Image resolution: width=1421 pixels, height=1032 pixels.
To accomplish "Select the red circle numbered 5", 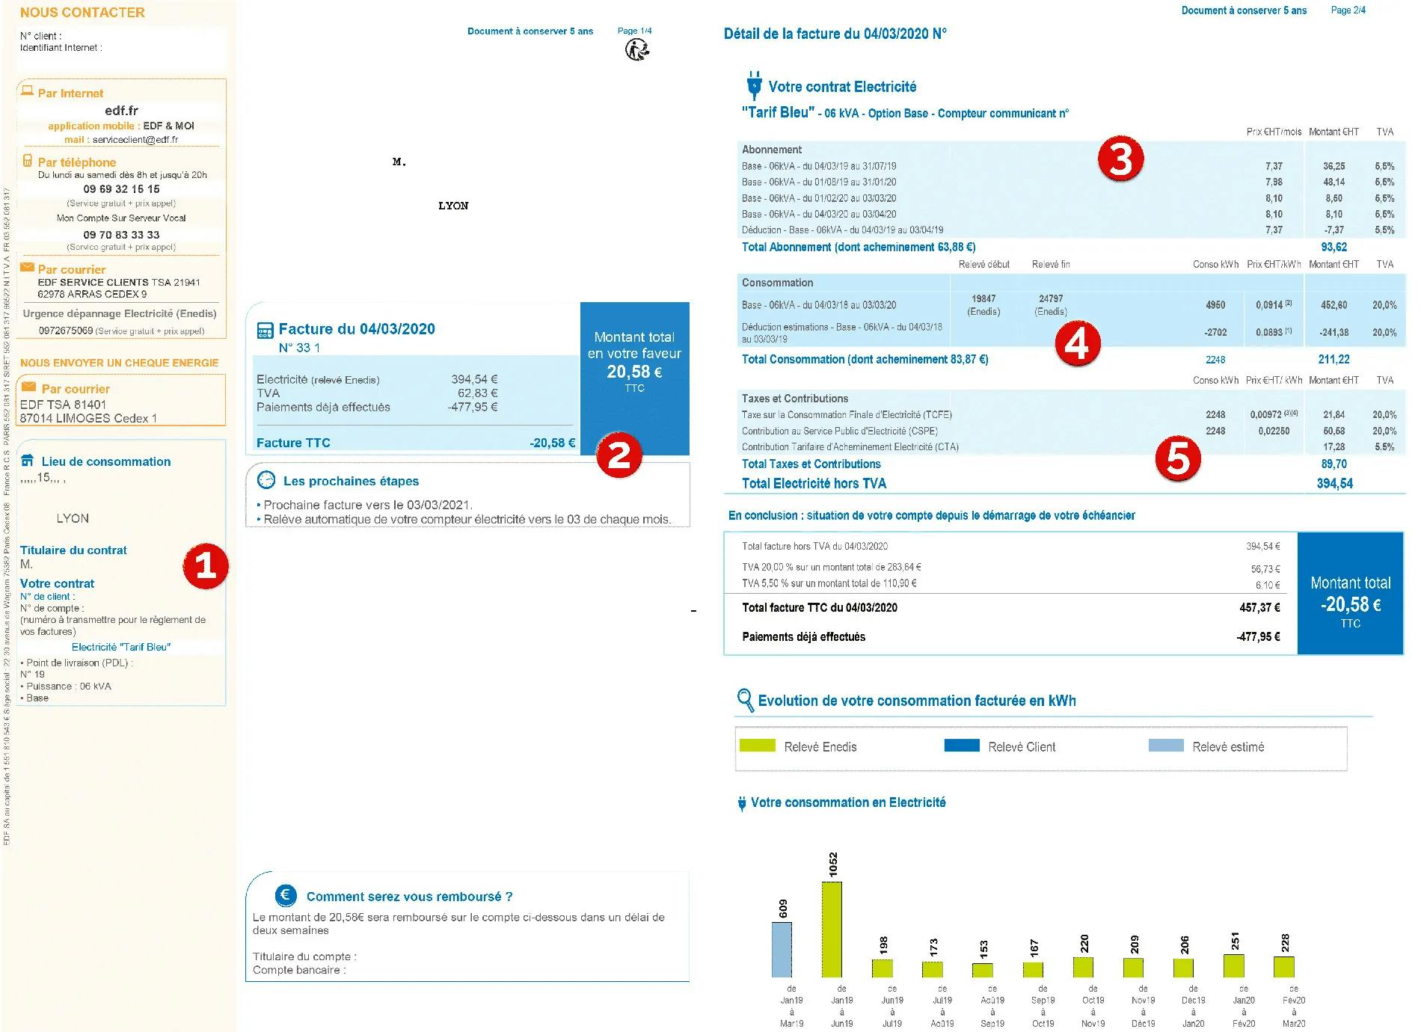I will coord(1178,458).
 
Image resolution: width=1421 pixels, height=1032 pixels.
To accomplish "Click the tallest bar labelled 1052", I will coord(832,929).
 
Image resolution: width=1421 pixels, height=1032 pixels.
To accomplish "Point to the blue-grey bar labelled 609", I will coord(782,949).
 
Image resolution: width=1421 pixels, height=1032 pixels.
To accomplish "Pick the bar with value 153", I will coord(983,969).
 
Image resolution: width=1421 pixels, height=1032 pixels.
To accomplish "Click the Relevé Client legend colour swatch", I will coord(962,745).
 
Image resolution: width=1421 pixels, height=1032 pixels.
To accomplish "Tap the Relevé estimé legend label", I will coord(1228,746).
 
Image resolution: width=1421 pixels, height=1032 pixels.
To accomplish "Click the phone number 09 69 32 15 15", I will coord(121,189).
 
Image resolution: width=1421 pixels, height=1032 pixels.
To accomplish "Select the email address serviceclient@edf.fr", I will coord(135,139).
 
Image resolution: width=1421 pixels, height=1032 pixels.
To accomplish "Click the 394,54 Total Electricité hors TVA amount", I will coord(1334,484).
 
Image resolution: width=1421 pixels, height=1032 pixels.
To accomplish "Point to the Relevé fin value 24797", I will coord(1051,298).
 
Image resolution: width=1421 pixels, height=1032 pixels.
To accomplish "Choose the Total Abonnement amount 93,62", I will coord(1333,247).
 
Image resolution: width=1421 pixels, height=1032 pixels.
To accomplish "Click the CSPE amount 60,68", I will coord(1333,431).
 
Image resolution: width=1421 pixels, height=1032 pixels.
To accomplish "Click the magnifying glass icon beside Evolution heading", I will coord(745,701).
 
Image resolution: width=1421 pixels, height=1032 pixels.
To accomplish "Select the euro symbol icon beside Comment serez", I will coord(285,895).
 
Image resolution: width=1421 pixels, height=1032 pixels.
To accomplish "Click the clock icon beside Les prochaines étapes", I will coord(266,480).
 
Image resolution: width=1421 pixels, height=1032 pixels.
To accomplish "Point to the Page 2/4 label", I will coord(1348,10).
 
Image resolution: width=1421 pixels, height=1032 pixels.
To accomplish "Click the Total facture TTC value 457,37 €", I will coord(1259,607).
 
